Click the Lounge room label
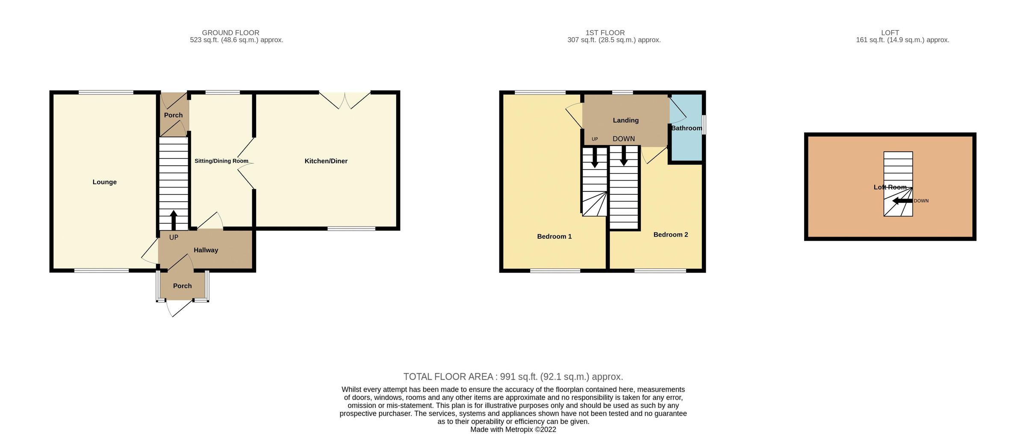104,182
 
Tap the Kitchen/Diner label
326,161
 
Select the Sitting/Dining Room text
221,161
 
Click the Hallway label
206,250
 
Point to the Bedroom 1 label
554,237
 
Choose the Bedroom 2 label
670,235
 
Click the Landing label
625,120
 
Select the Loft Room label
890,187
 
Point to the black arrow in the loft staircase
902,201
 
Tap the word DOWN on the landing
623,139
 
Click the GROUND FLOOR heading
230,33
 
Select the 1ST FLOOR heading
604,33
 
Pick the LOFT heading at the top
890,33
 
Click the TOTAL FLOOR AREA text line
513,377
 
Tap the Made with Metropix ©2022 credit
513,430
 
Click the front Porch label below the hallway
182,286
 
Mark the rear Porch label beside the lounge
173,115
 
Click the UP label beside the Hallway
174,238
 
